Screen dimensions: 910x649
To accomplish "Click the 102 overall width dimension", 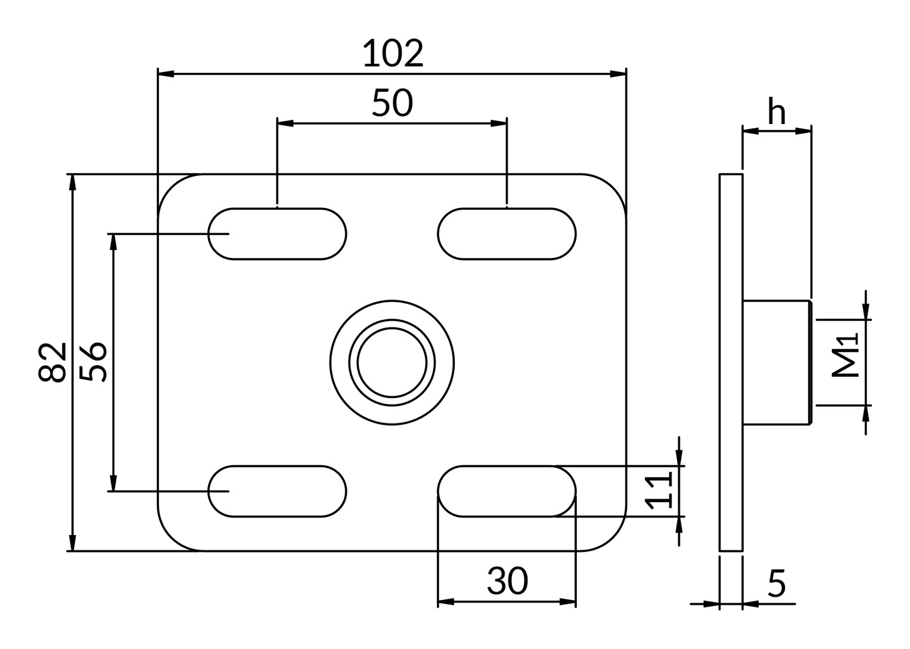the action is tap(393, 53).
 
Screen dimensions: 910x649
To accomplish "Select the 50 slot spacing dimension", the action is tap(393, 103).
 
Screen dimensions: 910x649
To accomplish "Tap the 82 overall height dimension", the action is tap(52, 362).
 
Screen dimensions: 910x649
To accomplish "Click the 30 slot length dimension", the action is tap(507, 580).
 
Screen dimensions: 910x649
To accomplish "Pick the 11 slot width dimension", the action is tap(659, 491).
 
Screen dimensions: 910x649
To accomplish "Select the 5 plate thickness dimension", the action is tap(777, 583).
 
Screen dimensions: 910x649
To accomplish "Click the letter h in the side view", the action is tap(777, 111).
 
